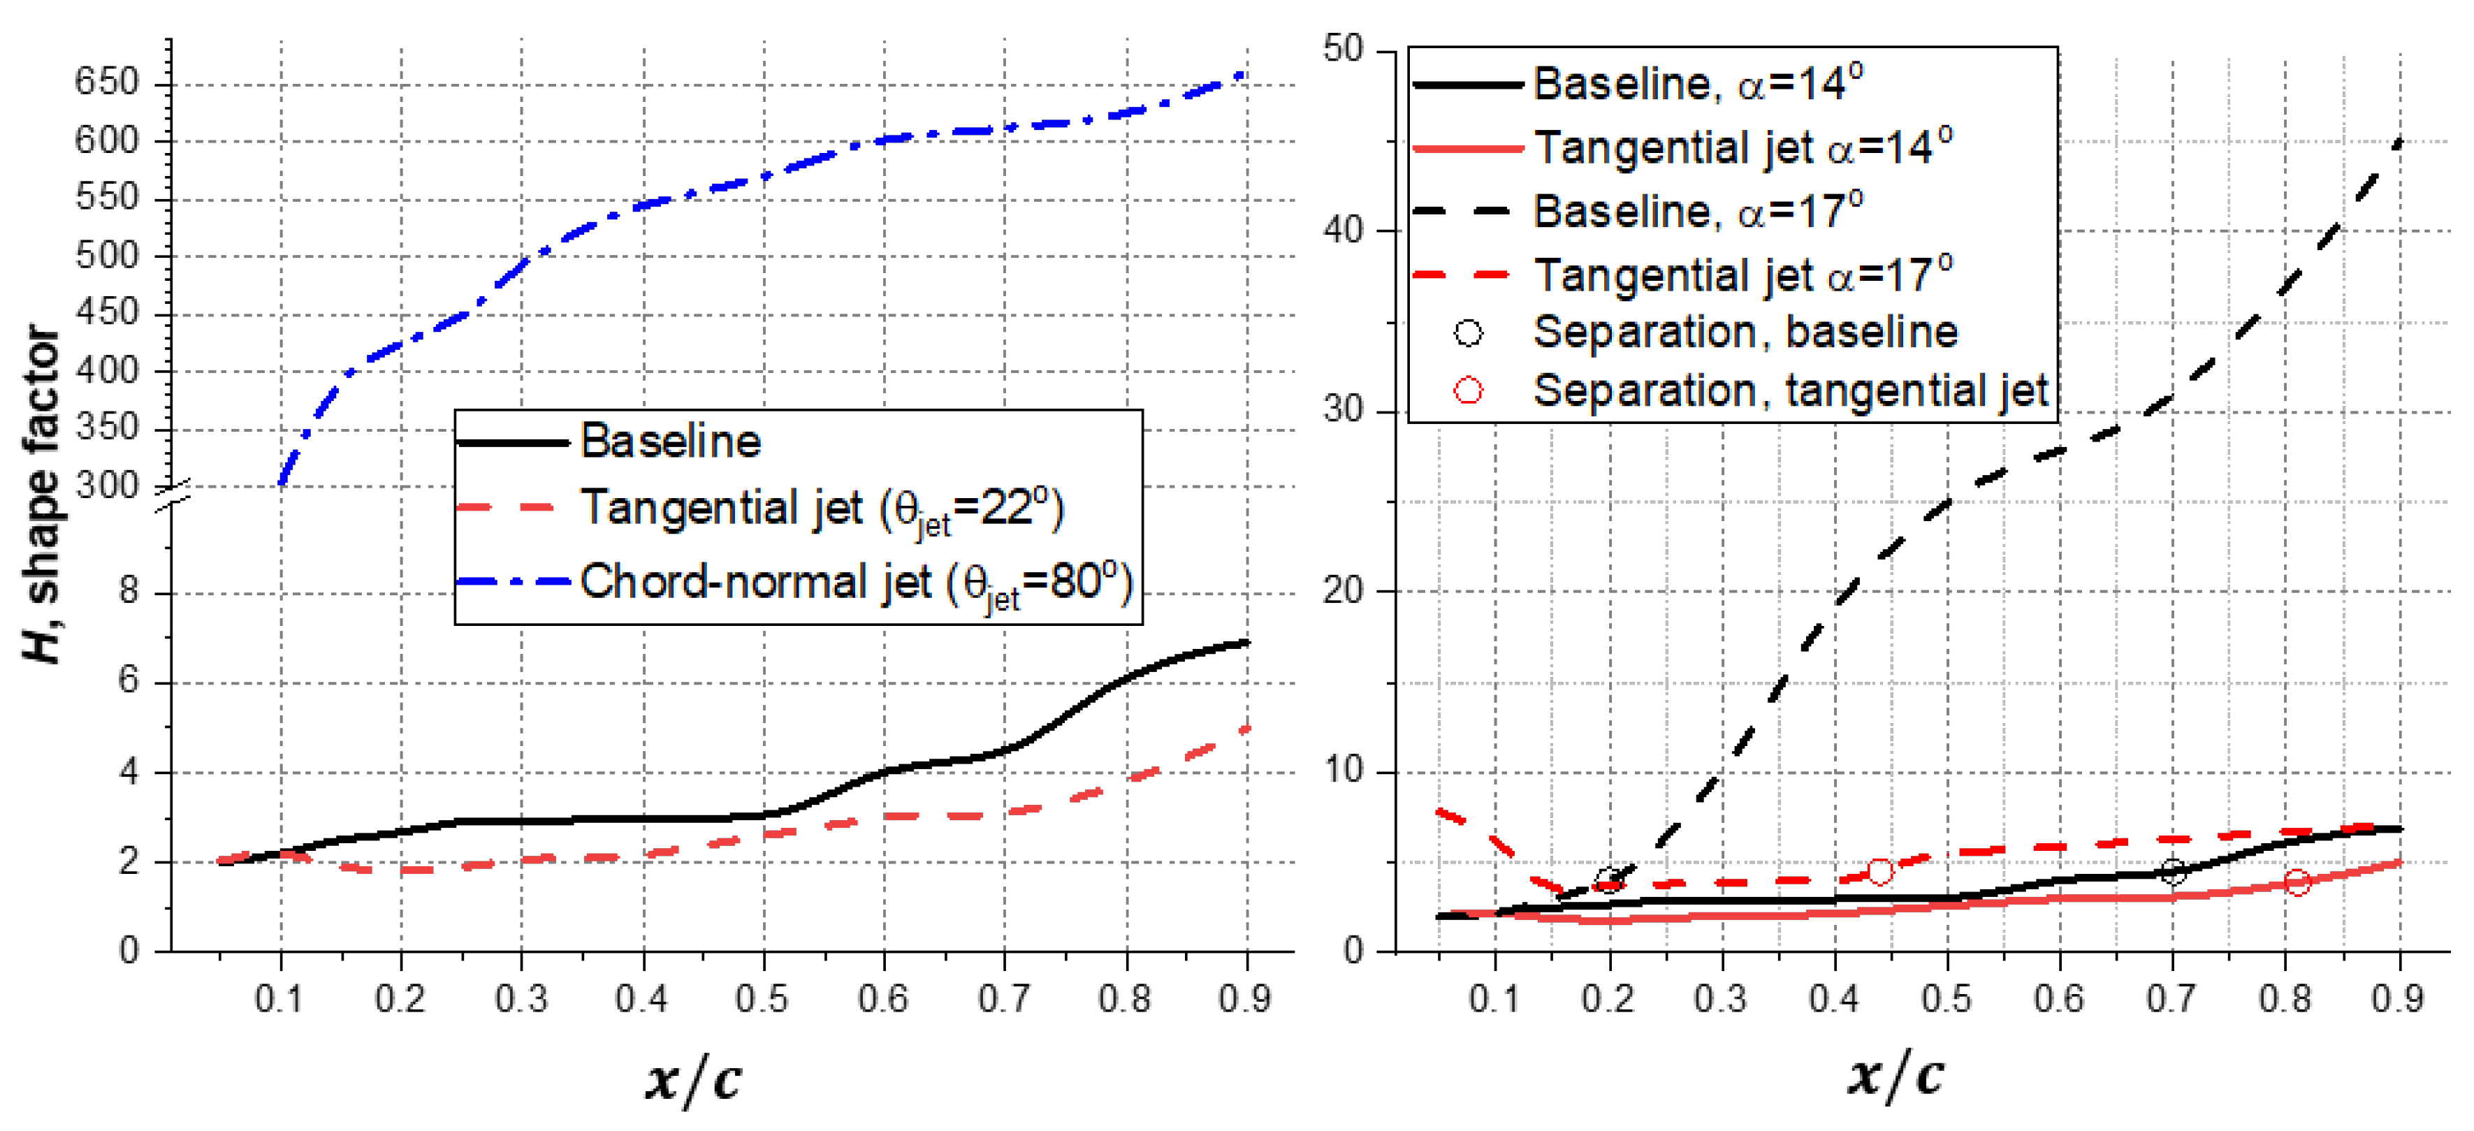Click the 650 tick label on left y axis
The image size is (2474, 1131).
[107, 82]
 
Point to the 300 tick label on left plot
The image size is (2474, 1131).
[107, 486]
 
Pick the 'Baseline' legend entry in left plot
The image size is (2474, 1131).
[670, 442]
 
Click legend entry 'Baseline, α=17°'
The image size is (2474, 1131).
[1697, 211]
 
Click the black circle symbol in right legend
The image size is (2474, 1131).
[1467, 333]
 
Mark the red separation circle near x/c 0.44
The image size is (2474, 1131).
[1879, 871]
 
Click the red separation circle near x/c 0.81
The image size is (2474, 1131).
[2297, 882]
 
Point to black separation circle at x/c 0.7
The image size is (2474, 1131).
[2172, 871]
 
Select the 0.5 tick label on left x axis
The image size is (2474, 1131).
[762, 1000]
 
